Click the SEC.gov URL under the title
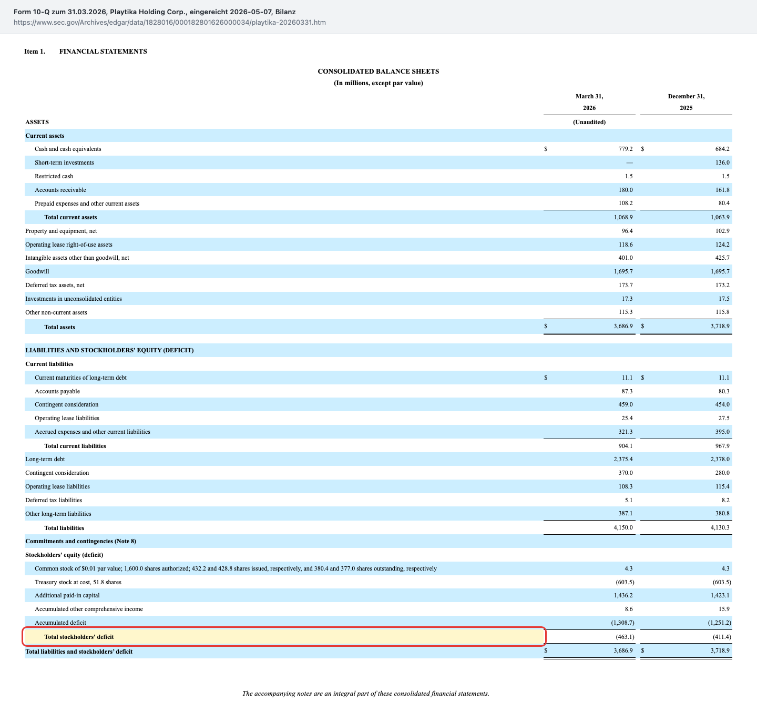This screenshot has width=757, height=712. coord(170,22)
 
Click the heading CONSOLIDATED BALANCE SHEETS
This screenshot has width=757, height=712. coord(378,72)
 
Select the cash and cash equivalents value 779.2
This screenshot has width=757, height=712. coord(626,149)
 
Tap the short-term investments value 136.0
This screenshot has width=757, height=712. coord(722,162)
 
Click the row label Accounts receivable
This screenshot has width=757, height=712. coord(60,190)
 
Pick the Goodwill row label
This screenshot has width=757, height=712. coord(37,271)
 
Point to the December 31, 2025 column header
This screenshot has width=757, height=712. coord(686,102)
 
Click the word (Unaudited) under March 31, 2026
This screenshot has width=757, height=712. coord(589,122)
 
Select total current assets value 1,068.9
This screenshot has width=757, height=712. coord(623,217)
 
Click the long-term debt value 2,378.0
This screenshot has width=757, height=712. coord(720,459)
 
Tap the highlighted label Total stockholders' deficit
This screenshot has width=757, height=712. coord(79,637)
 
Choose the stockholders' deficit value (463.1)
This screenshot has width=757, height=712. coord(625,637)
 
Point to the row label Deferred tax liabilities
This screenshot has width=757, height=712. coord(54,500)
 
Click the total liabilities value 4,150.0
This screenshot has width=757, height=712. coord(623,527)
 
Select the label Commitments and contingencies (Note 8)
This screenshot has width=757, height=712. coord(80,541)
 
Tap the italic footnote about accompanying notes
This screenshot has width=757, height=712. coord(365,693)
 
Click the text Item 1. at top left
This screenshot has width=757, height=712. coord(35,52)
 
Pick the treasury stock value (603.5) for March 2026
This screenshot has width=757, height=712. coord(625,582)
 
